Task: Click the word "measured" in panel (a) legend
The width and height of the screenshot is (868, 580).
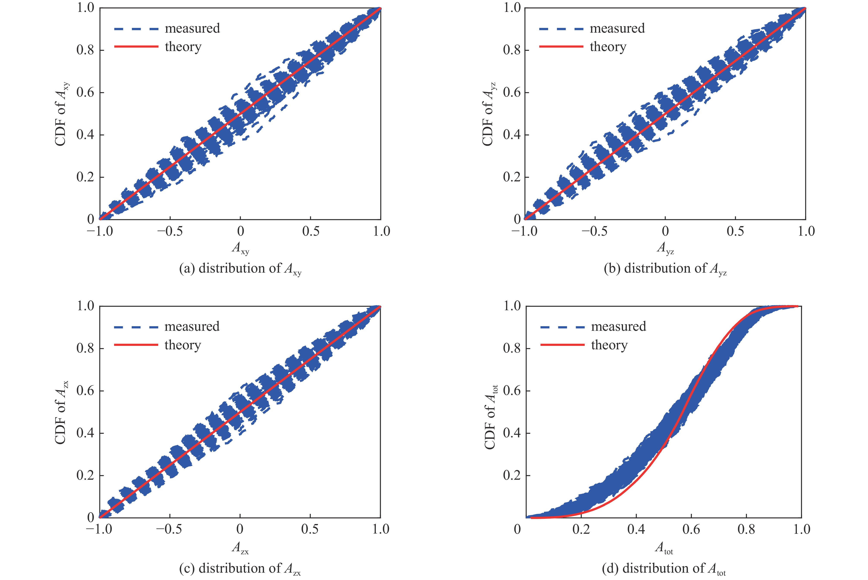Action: pyautogui.click(x=192, y=29)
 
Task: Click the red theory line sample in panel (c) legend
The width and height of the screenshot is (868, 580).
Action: pyautogui.click(x=136, y=345)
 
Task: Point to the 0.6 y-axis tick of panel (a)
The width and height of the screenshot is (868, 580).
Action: pyautogui.click(x=85, y=93)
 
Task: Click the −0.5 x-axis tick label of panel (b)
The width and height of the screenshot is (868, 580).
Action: pyautogui.click(x=594, y=232)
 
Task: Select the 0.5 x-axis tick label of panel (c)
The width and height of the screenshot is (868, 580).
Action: pyautogui.click(x=310, y=530)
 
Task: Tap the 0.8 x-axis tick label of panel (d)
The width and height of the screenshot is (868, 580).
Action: pyautogui.click(x=746, y=530)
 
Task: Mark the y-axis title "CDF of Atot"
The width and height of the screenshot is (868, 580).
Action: pyautogui.click(x=490, y=417)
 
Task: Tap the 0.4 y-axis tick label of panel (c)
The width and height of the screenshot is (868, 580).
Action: pyautogui.click(x=85, y=433)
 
